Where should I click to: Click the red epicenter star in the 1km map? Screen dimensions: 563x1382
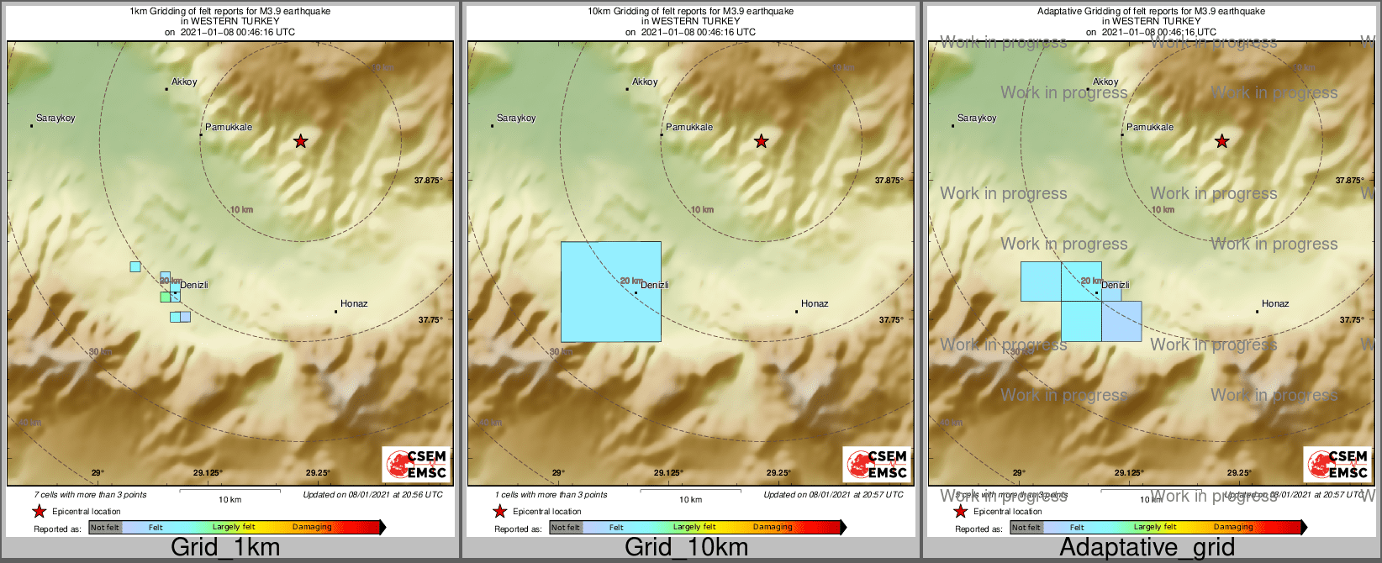click(300, 141)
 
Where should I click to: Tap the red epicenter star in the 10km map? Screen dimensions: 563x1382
click(761, 141)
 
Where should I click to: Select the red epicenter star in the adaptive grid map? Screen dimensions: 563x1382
click(1221, 141)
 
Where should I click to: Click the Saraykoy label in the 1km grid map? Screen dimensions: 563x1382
click(56, 118)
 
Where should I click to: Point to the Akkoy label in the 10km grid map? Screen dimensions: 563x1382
click(645, 82)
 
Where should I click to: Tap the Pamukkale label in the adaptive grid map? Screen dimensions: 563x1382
click(1150, 128)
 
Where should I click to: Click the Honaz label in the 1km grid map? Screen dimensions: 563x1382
click(354, 304)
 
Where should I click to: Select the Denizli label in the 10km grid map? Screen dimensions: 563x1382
click(655, 286)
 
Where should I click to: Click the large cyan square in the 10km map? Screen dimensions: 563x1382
click(610, 292)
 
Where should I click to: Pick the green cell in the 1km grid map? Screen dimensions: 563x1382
click(165, 297)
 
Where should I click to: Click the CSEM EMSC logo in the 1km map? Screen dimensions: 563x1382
click(416, 464)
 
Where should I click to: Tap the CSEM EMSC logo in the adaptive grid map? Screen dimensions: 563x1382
click(1337, 464)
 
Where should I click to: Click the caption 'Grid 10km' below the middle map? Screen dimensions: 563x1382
click(686, 548)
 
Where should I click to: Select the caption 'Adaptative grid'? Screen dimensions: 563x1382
click(1147, 548)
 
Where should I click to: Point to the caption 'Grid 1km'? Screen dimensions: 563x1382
click(225, 548)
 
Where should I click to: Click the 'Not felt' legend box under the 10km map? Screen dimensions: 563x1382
click(566, 528)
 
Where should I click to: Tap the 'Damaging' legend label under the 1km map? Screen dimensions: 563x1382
click(312, 528)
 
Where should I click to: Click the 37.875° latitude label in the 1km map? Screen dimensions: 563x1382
click(429, 181)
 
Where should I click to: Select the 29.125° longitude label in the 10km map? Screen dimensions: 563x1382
click(668, 473)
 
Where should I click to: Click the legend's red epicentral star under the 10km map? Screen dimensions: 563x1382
click(499, 512)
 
